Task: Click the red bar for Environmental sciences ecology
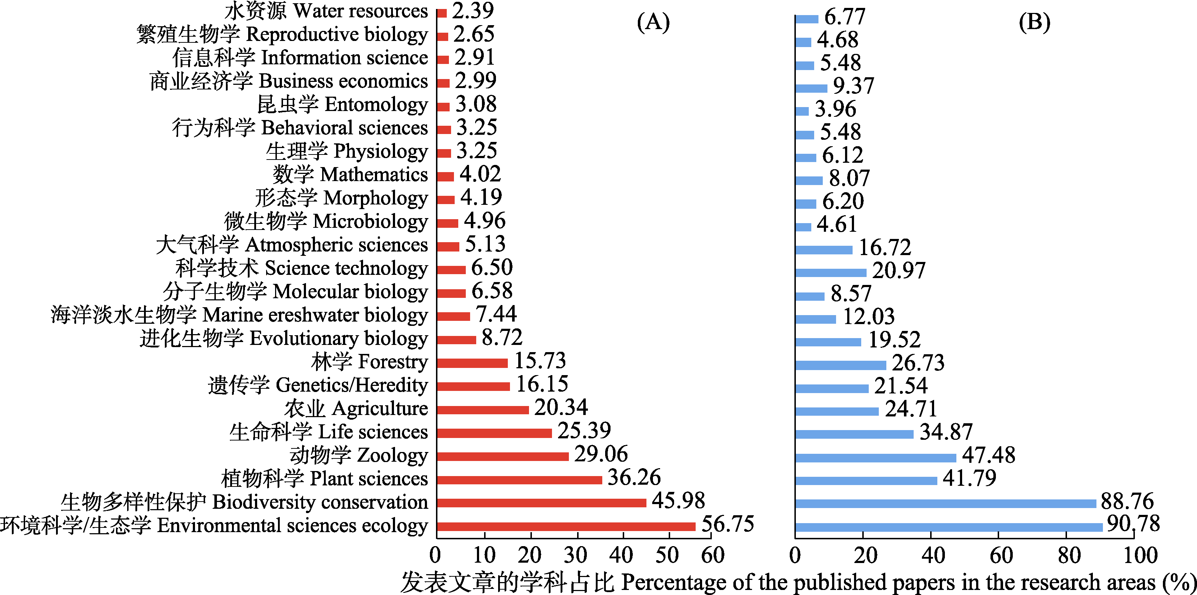tap(566, 526)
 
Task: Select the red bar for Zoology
tap(503, 456)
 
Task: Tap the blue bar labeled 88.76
tap(945, 503)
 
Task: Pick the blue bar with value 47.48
tap(876, 457)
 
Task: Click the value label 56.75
tap(727, 524)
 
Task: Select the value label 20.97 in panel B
tap(899, 270)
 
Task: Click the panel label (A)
tap(653, 22)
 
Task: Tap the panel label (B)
tap(1034, 22)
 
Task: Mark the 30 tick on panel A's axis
tap(575, 555)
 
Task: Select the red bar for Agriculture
tap(483, 410)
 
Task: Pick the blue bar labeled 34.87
tap(854, 434)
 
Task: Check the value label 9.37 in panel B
tap(853, 86)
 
